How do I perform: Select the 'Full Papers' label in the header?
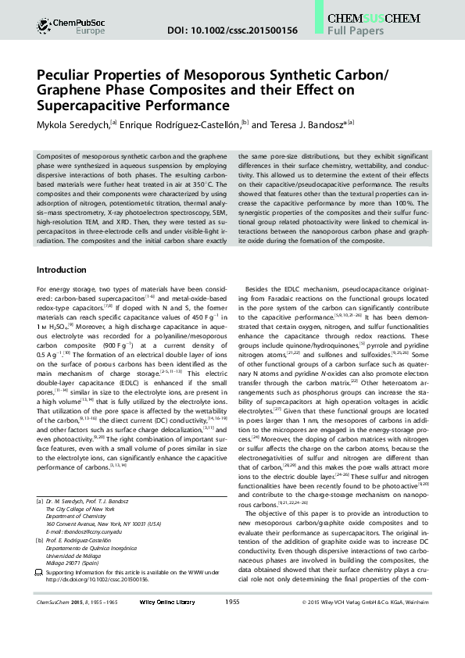pos(356,31)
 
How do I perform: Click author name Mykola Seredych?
pos(73,124)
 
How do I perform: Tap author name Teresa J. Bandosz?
pos(300,124)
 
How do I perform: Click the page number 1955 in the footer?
pos(232,645)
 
